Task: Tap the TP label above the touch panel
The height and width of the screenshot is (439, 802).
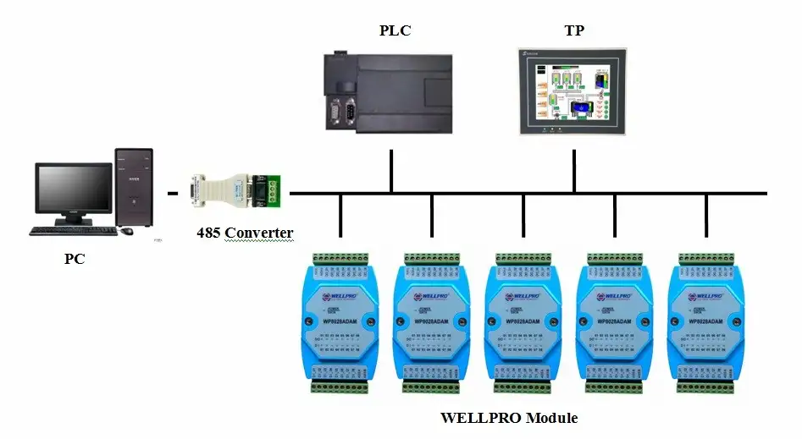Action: click(574, 31)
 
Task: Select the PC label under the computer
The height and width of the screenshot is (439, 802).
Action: click(75, 259)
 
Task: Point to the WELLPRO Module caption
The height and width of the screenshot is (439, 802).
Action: click(509, 418)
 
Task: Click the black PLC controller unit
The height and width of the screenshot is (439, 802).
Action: click(390, 92)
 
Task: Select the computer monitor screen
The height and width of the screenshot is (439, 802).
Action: click(75, 191)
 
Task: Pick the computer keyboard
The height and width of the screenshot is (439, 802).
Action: click(73, 230)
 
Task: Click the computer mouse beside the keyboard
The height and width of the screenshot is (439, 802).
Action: click(126, 230)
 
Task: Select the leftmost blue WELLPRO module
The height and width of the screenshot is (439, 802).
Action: click(340, 322)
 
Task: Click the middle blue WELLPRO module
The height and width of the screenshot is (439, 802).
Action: click(523, 322)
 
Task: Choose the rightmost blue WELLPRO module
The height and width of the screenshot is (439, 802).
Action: click(705, 322)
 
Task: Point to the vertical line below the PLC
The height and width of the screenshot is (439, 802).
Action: click(391, 172)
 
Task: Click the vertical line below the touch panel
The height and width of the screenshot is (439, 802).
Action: click(574, 172)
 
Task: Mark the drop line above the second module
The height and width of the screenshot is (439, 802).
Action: click(432, 216)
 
